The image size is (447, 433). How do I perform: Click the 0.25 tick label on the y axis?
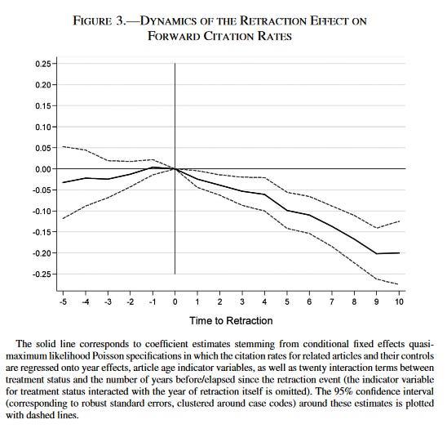point(43,64)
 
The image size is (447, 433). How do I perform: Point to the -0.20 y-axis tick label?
point(42,253)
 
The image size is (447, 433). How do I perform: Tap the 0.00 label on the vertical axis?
point(43,169)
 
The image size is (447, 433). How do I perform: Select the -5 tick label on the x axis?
point(63,302)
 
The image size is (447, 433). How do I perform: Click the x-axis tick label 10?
point(399,302)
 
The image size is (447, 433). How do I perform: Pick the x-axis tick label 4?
point(264,302)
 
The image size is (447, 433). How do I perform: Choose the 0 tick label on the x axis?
point(175,302)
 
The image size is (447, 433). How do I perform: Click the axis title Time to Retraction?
point(231,321)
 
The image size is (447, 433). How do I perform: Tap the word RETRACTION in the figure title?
point(272,21)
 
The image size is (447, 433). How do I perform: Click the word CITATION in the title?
point(228,36)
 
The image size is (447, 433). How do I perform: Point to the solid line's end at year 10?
point(399,253)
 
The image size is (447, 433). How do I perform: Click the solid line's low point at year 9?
point(377,253)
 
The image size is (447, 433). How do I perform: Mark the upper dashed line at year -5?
point(63,146)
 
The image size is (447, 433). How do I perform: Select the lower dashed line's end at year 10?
point(399,284)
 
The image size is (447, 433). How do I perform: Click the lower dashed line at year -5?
point(63,219)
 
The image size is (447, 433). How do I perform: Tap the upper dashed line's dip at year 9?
point(377,228)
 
